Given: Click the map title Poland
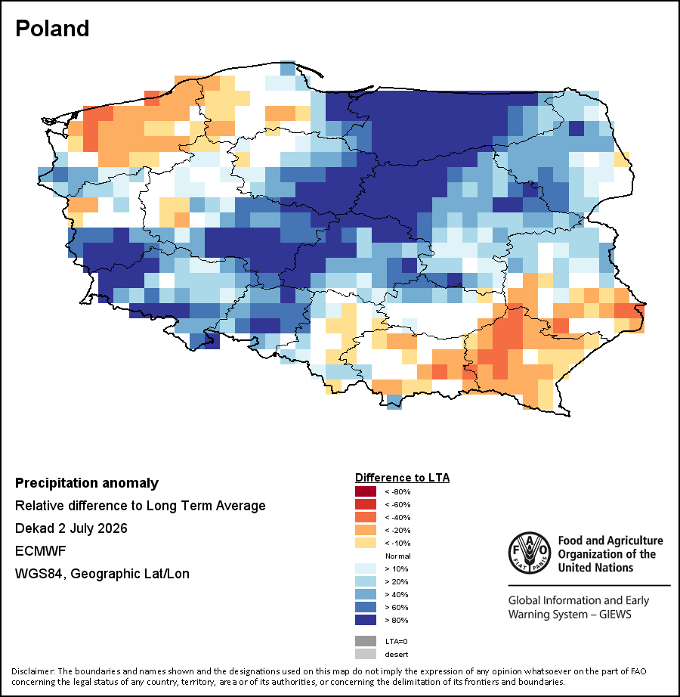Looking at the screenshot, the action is click(x=52, y=29).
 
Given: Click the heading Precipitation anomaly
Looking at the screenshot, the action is click(x=87, y=483).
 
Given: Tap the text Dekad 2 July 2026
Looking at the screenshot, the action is click(x=71, y=528).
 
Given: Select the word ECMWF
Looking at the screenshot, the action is click(x=40, y=551).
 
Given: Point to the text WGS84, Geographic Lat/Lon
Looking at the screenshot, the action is click(x=102, y=574).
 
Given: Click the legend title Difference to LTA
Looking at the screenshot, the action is click(x=403, y=478).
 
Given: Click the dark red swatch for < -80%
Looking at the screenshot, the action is click(x=366, y=491).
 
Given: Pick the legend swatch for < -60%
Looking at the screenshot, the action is click(x=366, y=504).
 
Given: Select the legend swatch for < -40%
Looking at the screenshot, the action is click(x=366, y=517).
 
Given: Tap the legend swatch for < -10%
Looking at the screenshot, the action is click(x=366, y=543).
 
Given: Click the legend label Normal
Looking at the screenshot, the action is click(x=398, y=556).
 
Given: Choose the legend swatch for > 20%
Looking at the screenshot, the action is click(x=366, y=581).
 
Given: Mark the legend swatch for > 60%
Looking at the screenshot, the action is click(x=366, y=607).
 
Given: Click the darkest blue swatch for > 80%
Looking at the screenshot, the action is click(x=366, y=620).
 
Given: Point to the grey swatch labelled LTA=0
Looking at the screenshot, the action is click(x=366, y=641).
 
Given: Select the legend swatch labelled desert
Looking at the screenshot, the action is click(x=366, y=655).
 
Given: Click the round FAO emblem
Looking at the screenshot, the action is click(x=530, y=553).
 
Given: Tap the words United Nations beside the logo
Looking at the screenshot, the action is click(x=595, y=568).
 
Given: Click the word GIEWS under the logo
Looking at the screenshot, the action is click(x=615, y=615).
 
